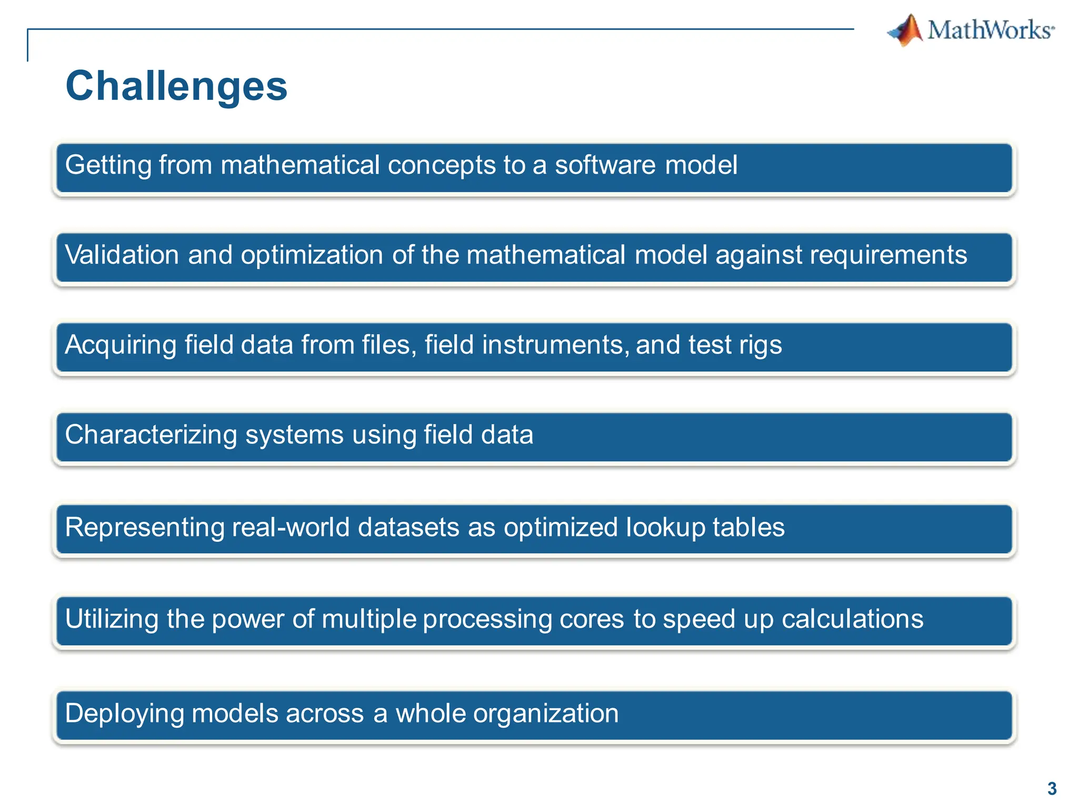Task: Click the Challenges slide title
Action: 176,86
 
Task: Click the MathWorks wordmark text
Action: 990,30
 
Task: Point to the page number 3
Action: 1052,789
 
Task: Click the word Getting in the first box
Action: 108,166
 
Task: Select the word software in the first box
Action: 605,165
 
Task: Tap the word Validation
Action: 122,255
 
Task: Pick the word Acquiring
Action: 121,346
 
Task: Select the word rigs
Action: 760,346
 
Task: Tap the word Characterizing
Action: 151,436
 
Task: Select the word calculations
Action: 852,619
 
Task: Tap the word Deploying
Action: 124,714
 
